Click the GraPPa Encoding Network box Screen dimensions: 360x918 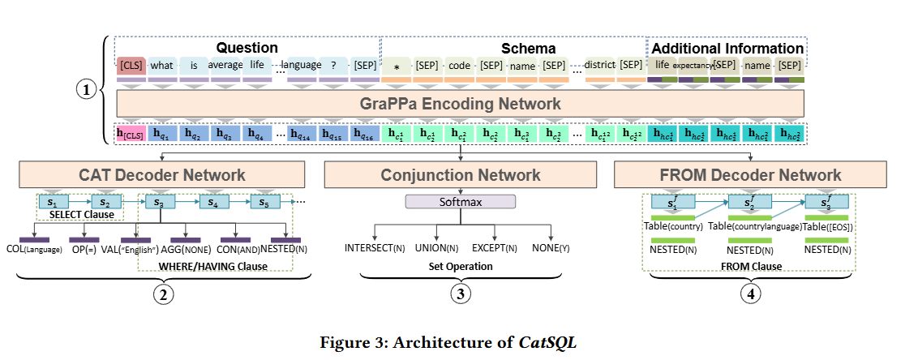tap(460, 103)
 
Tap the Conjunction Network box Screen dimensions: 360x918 tap(460, 174)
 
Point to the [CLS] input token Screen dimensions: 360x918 tap(131, 65)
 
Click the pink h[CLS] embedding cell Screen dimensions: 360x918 tap(131, 135)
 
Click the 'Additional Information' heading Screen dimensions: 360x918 tap(727, 48)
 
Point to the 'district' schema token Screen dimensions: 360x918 tap(600, 65)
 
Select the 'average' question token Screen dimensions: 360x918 tap(225, 65)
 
